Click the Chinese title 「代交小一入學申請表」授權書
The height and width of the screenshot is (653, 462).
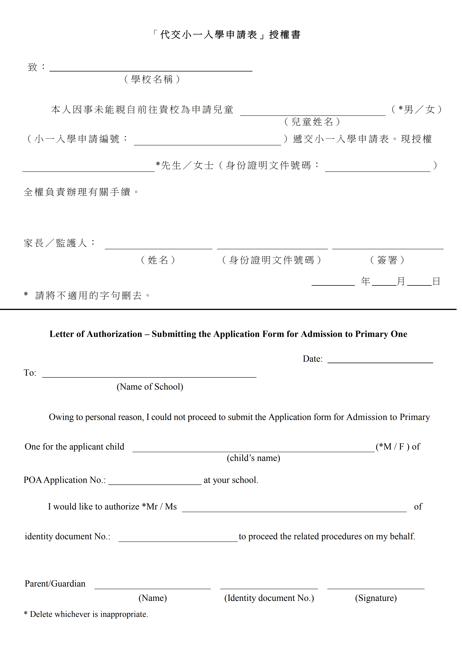227,35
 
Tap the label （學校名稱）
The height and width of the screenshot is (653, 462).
152,79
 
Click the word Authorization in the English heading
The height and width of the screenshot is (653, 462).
114,334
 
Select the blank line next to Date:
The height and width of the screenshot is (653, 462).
380,361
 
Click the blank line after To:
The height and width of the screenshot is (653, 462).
149,375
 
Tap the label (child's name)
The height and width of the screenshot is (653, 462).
253,458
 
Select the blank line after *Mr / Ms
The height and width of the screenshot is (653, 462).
294,509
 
